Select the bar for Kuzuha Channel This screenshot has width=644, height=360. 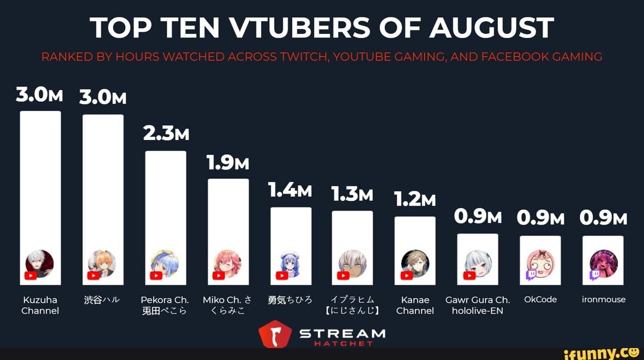coord(41,179)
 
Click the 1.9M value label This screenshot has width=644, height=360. coord(228,162)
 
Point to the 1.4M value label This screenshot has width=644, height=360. coord(290,190)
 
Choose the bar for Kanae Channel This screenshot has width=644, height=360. coord(415,238)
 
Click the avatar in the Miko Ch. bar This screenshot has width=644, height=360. coord(228,260)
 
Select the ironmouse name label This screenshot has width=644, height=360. coord(603,300)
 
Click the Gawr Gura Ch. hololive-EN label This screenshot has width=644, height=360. coord(478,305)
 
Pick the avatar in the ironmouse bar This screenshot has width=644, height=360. coord(603,261)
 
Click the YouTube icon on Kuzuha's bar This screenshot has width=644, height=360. coord(30,275)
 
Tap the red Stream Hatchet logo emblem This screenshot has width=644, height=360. coord(274,335)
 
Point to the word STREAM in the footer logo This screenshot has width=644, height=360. coord(342,333)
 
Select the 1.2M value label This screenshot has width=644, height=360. coord(415,200)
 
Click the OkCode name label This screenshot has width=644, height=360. coord(540,300)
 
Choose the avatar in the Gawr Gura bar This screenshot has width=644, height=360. coord(478,261)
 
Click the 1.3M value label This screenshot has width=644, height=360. coord(352,194)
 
